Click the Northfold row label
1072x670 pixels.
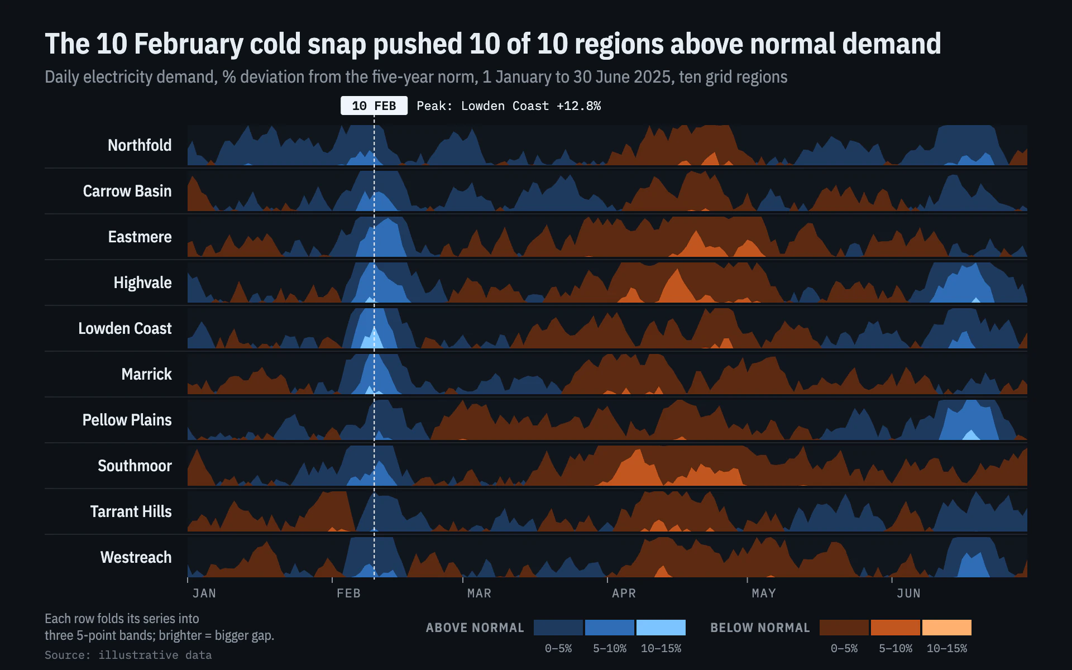[x=140, y=145]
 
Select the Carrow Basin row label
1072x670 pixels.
[x=127, y=191]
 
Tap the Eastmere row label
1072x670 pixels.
[x=140, y=237]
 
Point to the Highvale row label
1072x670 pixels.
[x=142, y=283]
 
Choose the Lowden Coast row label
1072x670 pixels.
[x=125, y=328]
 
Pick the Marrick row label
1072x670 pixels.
[x=146, y=374]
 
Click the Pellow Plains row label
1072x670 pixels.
[x=127, y=420]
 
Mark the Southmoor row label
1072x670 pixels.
[x=135, y=466]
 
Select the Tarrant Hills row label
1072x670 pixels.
[x=131, y=511]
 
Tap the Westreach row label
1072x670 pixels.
[x=136, y=557]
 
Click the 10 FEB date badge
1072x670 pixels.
[x=374, y=106]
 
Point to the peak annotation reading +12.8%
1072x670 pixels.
[x=509, y=106]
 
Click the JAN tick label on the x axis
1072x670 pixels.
[x=204, y=593]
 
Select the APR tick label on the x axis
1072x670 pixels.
[x=624, y=593]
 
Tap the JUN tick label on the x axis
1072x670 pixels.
[x=908, y=593]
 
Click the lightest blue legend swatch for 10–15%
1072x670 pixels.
[x=661, y=628]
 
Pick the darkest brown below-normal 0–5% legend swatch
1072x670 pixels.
[x=844, y=628]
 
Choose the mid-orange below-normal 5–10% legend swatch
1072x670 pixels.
[x=896, y=628]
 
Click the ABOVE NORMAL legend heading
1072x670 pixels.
[x=475, y=628]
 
